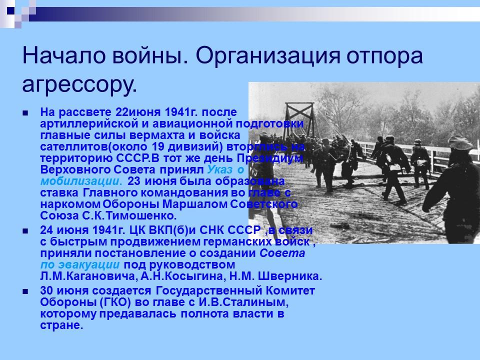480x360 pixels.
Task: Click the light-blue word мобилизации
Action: [x=80, y=180]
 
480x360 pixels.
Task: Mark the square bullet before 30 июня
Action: [x=26, y=291]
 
